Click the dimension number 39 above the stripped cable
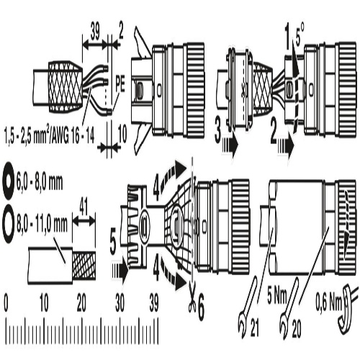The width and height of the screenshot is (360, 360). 95,31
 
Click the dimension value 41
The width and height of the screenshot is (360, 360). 83,208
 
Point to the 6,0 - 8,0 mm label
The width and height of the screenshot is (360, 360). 40,183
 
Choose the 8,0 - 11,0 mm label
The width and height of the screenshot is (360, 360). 42,224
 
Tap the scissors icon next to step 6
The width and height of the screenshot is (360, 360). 192,297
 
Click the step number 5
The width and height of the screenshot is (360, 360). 113,243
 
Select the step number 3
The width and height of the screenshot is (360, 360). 218,130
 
